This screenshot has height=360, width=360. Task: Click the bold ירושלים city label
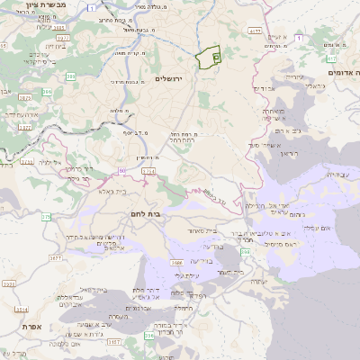(168, 78)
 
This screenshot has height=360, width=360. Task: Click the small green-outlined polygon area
(209, 57)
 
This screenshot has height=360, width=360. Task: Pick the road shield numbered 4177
(256, 31)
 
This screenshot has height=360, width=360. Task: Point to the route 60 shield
(121, 168)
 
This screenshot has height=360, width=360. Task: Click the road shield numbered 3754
(26, 161)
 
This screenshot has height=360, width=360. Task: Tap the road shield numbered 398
(246, 251)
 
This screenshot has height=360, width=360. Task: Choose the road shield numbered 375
(45, 216)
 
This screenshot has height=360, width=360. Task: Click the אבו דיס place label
(264, 89)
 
